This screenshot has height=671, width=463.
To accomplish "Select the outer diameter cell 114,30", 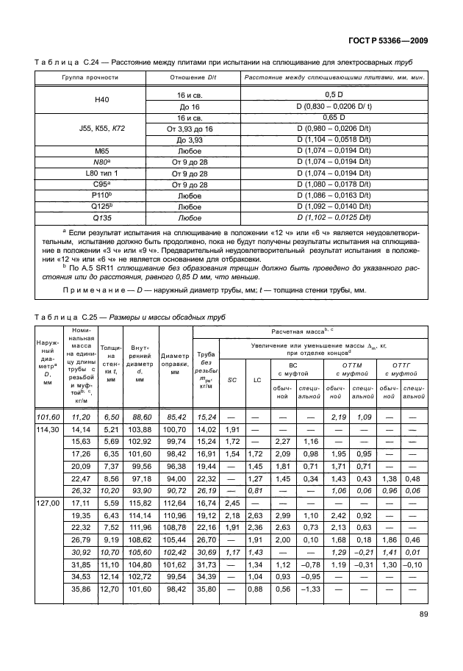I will (x=48, y=429).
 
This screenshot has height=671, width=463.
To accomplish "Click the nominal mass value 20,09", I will (x=81, y=465).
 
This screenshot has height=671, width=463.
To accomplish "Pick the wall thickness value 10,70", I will (x=111, y=550).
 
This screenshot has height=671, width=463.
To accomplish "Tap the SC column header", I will (x=232, y=380).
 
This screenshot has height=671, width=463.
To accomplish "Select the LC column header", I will (x=257, y=380).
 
